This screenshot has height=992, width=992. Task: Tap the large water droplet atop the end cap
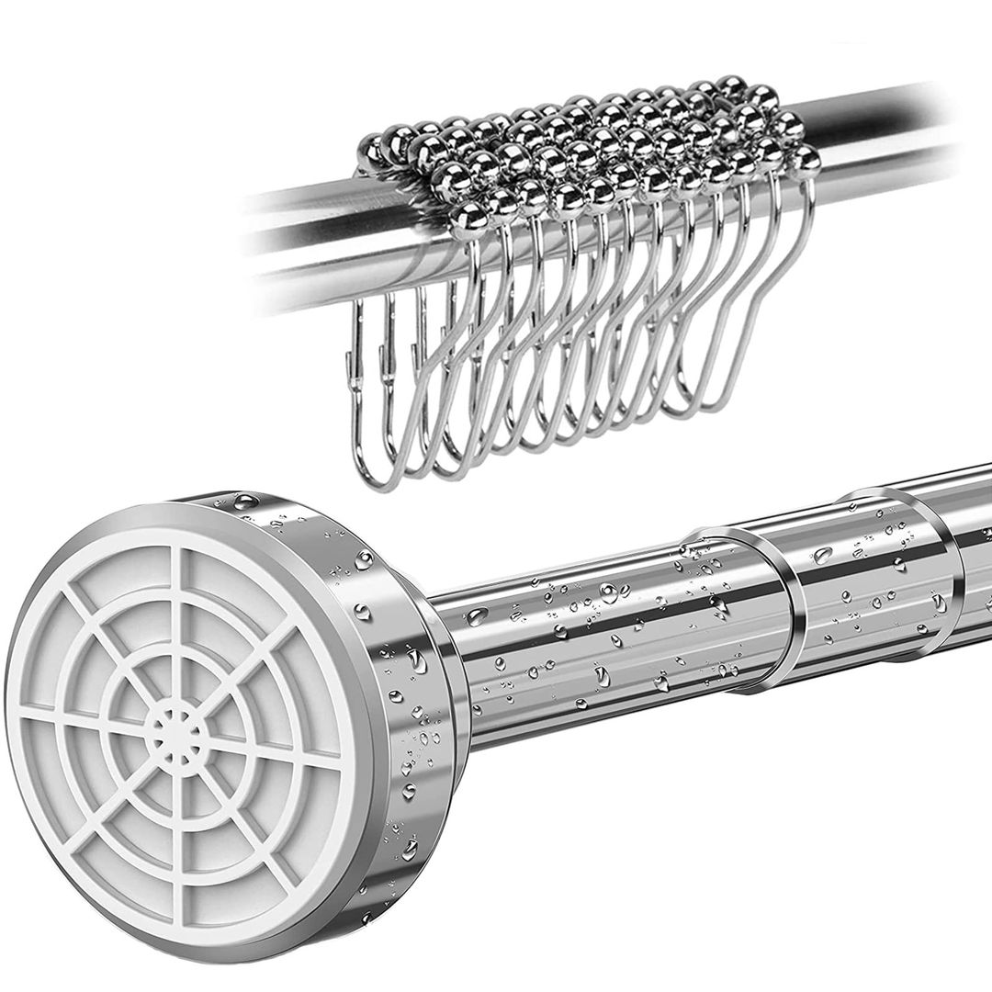coord(245,502)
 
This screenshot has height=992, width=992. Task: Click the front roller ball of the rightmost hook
coord(806,160)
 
